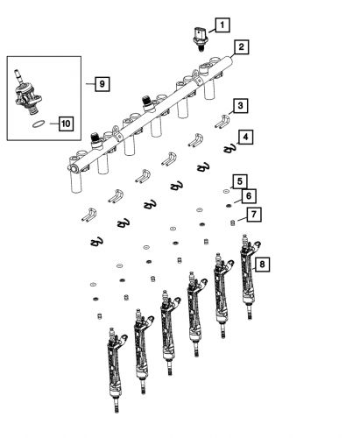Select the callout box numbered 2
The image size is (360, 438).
coord(240,47)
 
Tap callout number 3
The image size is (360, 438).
coord(239,106)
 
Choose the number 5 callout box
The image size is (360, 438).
coord(238,181)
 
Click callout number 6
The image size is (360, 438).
coord(248,197)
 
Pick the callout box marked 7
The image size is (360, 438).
coord(251,215)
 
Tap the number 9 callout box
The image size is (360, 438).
coord(102,83)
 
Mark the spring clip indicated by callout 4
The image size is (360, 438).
coord(230,149)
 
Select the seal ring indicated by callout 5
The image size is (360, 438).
coord(227,189)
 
